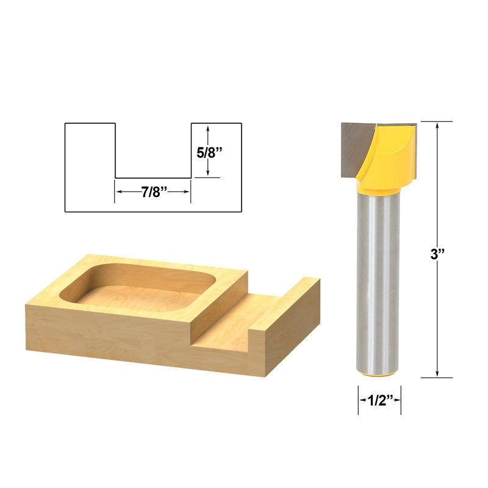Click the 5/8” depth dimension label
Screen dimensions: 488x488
[209, 152]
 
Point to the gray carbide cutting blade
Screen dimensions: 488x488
[355, 149]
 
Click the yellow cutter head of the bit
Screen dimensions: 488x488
[387, 157]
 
